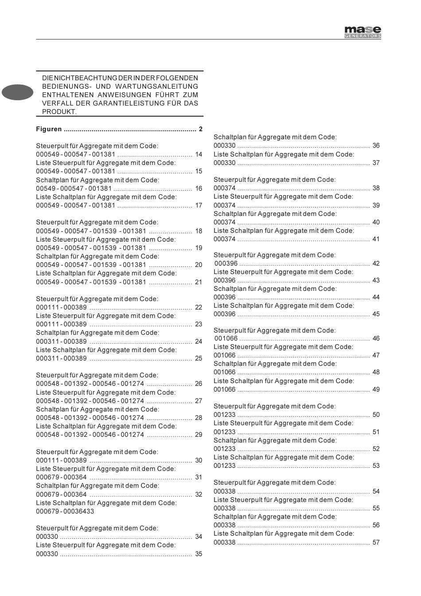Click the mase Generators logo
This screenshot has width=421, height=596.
click(363, 32)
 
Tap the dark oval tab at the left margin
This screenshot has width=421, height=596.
click(17, 92)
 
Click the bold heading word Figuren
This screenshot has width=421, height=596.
click(49, 129)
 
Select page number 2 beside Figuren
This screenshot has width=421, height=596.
click(201, 129)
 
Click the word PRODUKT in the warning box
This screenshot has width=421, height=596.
click(59, 112)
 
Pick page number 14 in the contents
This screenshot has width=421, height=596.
click(199, 154)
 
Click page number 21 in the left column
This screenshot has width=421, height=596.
click(199, 282)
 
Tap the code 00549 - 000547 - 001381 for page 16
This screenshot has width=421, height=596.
click(74, 188)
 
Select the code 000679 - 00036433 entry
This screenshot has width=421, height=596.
click(65, 511)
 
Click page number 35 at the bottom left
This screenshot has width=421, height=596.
click(199, 554)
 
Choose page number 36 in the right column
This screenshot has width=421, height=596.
click(376, 145)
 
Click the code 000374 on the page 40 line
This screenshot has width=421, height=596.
click(225, 222)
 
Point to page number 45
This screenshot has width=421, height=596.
click(376, 314)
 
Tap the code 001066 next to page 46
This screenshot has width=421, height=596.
click(226, 338)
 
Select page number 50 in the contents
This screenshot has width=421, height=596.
click(376, 415)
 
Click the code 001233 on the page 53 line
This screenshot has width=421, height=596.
click(225, 466)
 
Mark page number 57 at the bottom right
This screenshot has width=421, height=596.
click(376, 542)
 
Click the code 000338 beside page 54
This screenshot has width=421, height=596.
click(225, 491)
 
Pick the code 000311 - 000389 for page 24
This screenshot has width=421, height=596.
click(61, 341)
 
